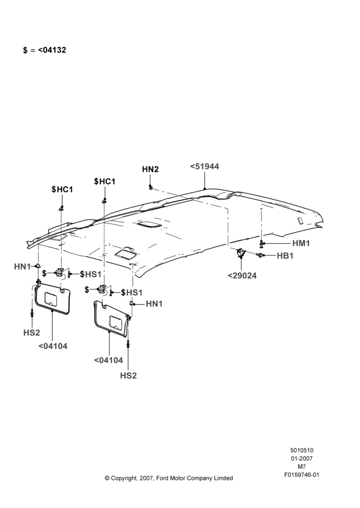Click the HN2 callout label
pyautogui.click(x=150, y=169)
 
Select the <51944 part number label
pyautogui.click(x=204, y=166)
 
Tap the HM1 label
pyautogui.click(x=301, y=243)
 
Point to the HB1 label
pyautogui.click(x=285, y=256)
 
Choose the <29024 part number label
pyautogui.click(x=242, y=275)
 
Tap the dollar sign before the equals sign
pyautogui.click(x=25, y=50)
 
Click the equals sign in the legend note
pyautogui.click(x=33, y=50)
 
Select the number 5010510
pyautogui.click(x=302, y=450)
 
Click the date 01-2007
pyautogui.click(x=302, y=458)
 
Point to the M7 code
pyautogui.click(x=302, y=467)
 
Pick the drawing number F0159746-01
pyautogui.click(x=302, y=475)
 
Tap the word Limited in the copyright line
pyautogui.click(x=223, y=478)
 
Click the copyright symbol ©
pyautogui.click(x=107, y=478)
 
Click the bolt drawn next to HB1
pyautogui.click(x=260, y=256)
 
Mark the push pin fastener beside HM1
pyautogui.click(x=261, y=244)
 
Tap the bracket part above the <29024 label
pyautogui.click(x=241, y=252)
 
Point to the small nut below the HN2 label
pyautogui.click(x=151, y=187)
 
